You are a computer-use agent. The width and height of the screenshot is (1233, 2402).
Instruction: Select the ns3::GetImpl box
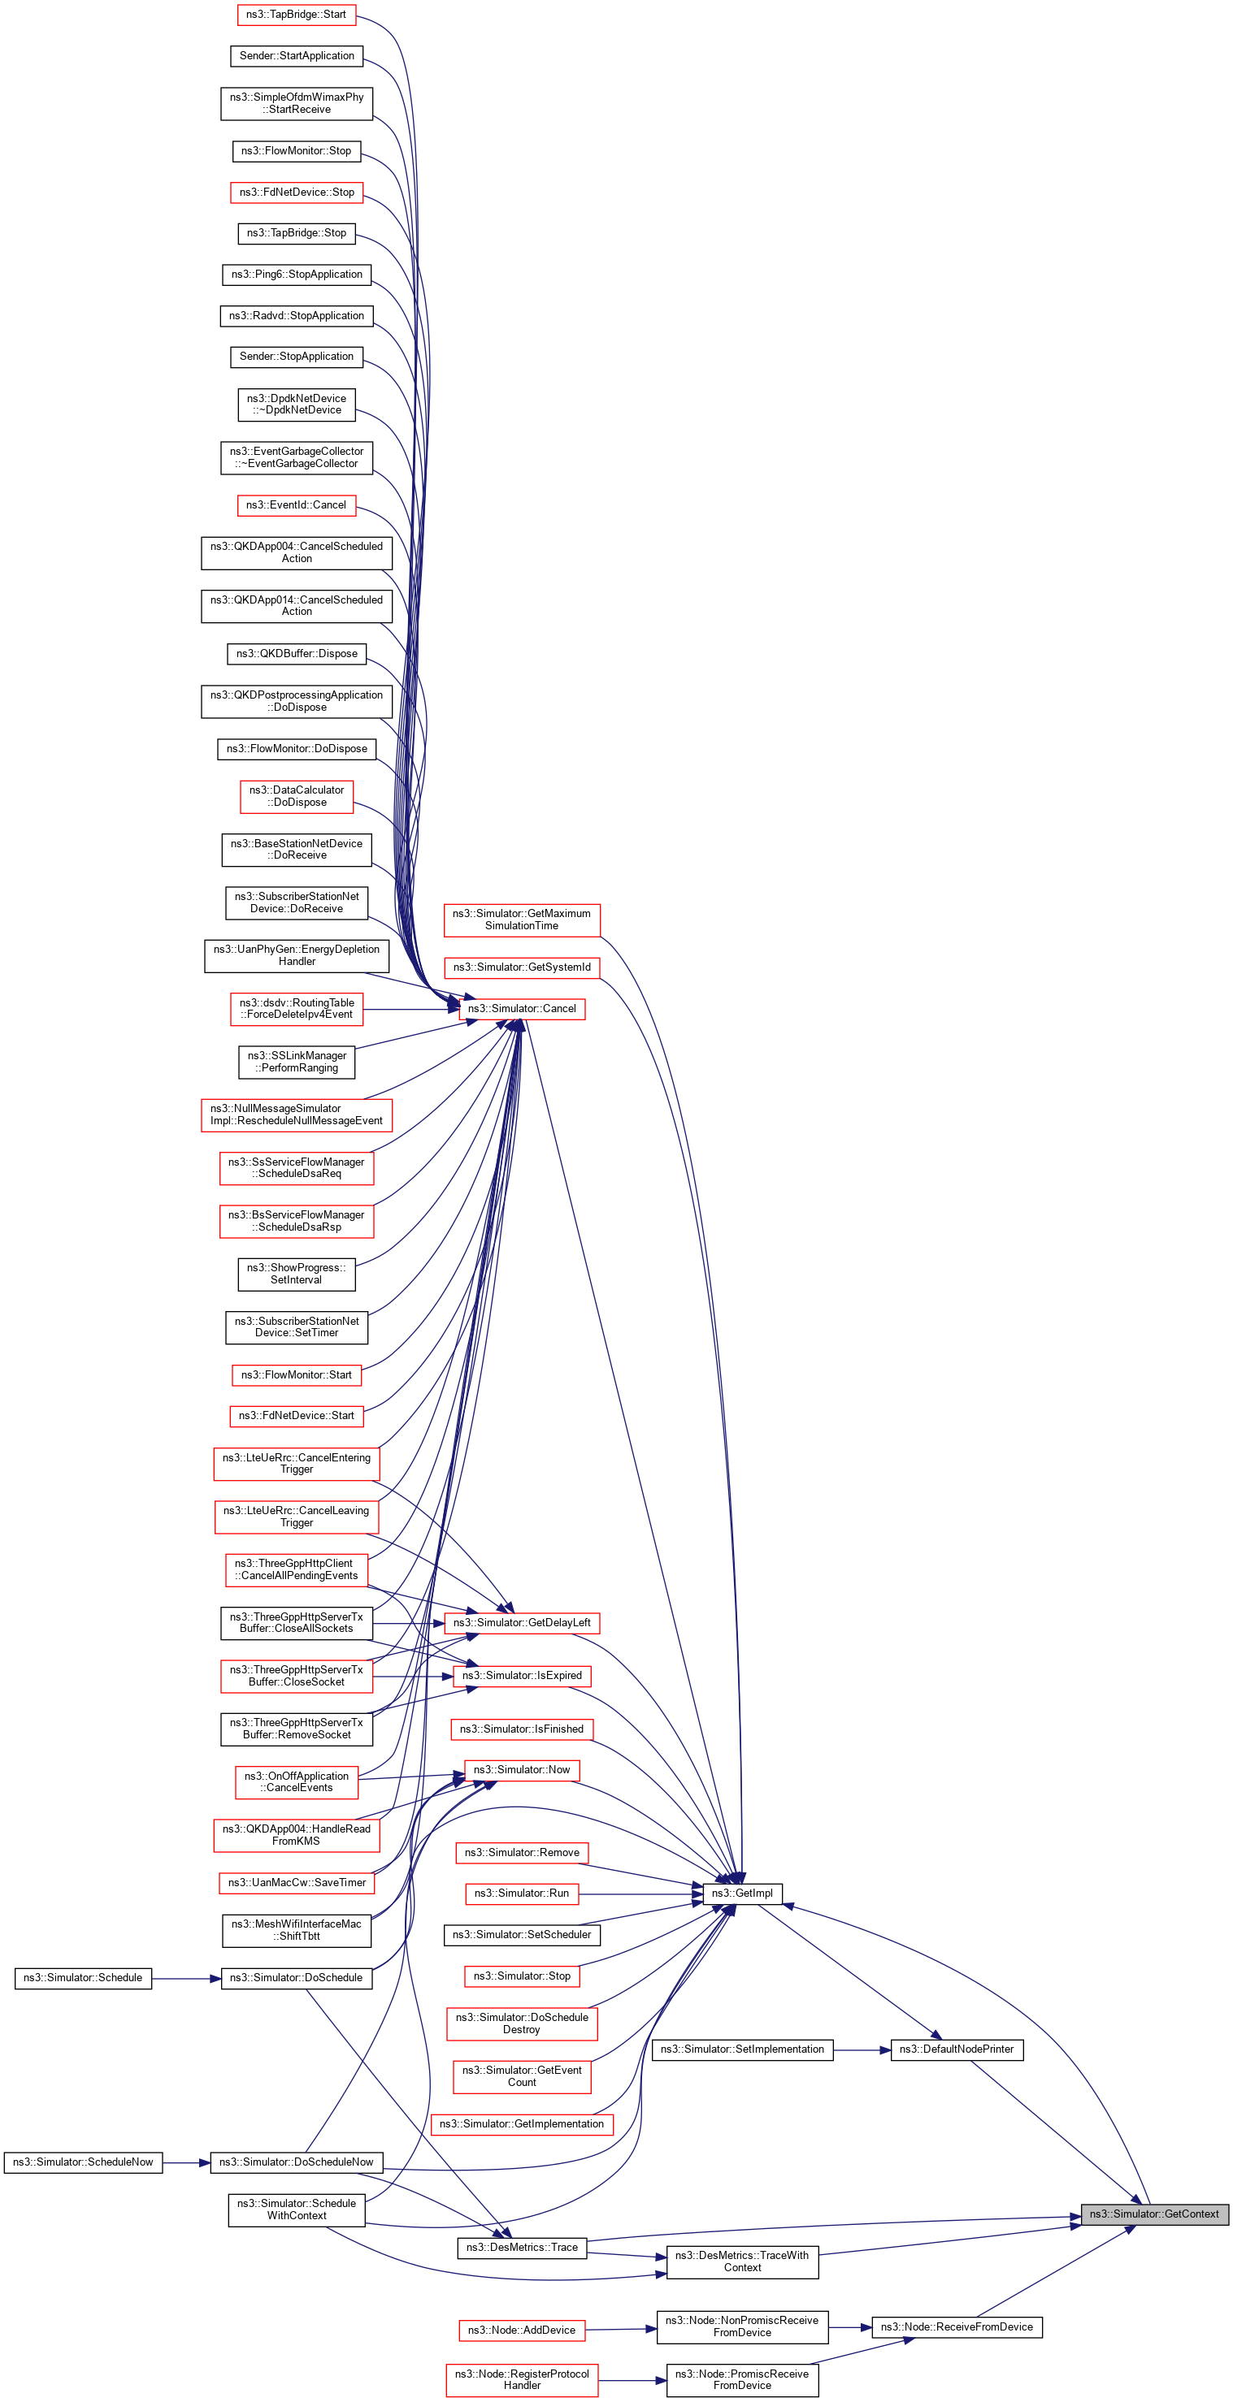tap(741, 1893)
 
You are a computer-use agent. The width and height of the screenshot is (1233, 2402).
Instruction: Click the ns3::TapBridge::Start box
tap(296, 14)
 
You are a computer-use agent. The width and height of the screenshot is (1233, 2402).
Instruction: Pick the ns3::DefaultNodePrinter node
tap(956, 2049)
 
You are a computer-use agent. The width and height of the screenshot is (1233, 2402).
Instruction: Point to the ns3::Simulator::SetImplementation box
tap(741, 2049)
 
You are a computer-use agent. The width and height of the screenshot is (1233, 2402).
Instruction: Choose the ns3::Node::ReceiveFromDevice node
tap(956, 2326)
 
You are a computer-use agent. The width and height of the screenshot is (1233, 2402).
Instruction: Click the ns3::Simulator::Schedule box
tap(83, 1977)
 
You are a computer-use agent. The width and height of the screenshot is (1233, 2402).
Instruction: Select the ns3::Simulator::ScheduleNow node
tap(83, 2162)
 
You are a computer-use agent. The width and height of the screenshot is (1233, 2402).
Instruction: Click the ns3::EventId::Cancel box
tap(296, 504)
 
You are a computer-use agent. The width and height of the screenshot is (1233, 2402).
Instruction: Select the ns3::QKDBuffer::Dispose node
tap(297, 653)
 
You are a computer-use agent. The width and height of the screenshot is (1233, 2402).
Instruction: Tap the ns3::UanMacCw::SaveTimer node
tap(297, 1883)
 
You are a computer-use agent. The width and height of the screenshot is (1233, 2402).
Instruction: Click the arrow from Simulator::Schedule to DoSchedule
tap(187, 1978)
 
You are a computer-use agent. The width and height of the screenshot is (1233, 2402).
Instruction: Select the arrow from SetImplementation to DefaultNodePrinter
tap(862, 2049)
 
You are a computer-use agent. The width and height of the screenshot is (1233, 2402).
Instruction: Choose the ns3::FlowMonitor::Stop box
tap(296, 150)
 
